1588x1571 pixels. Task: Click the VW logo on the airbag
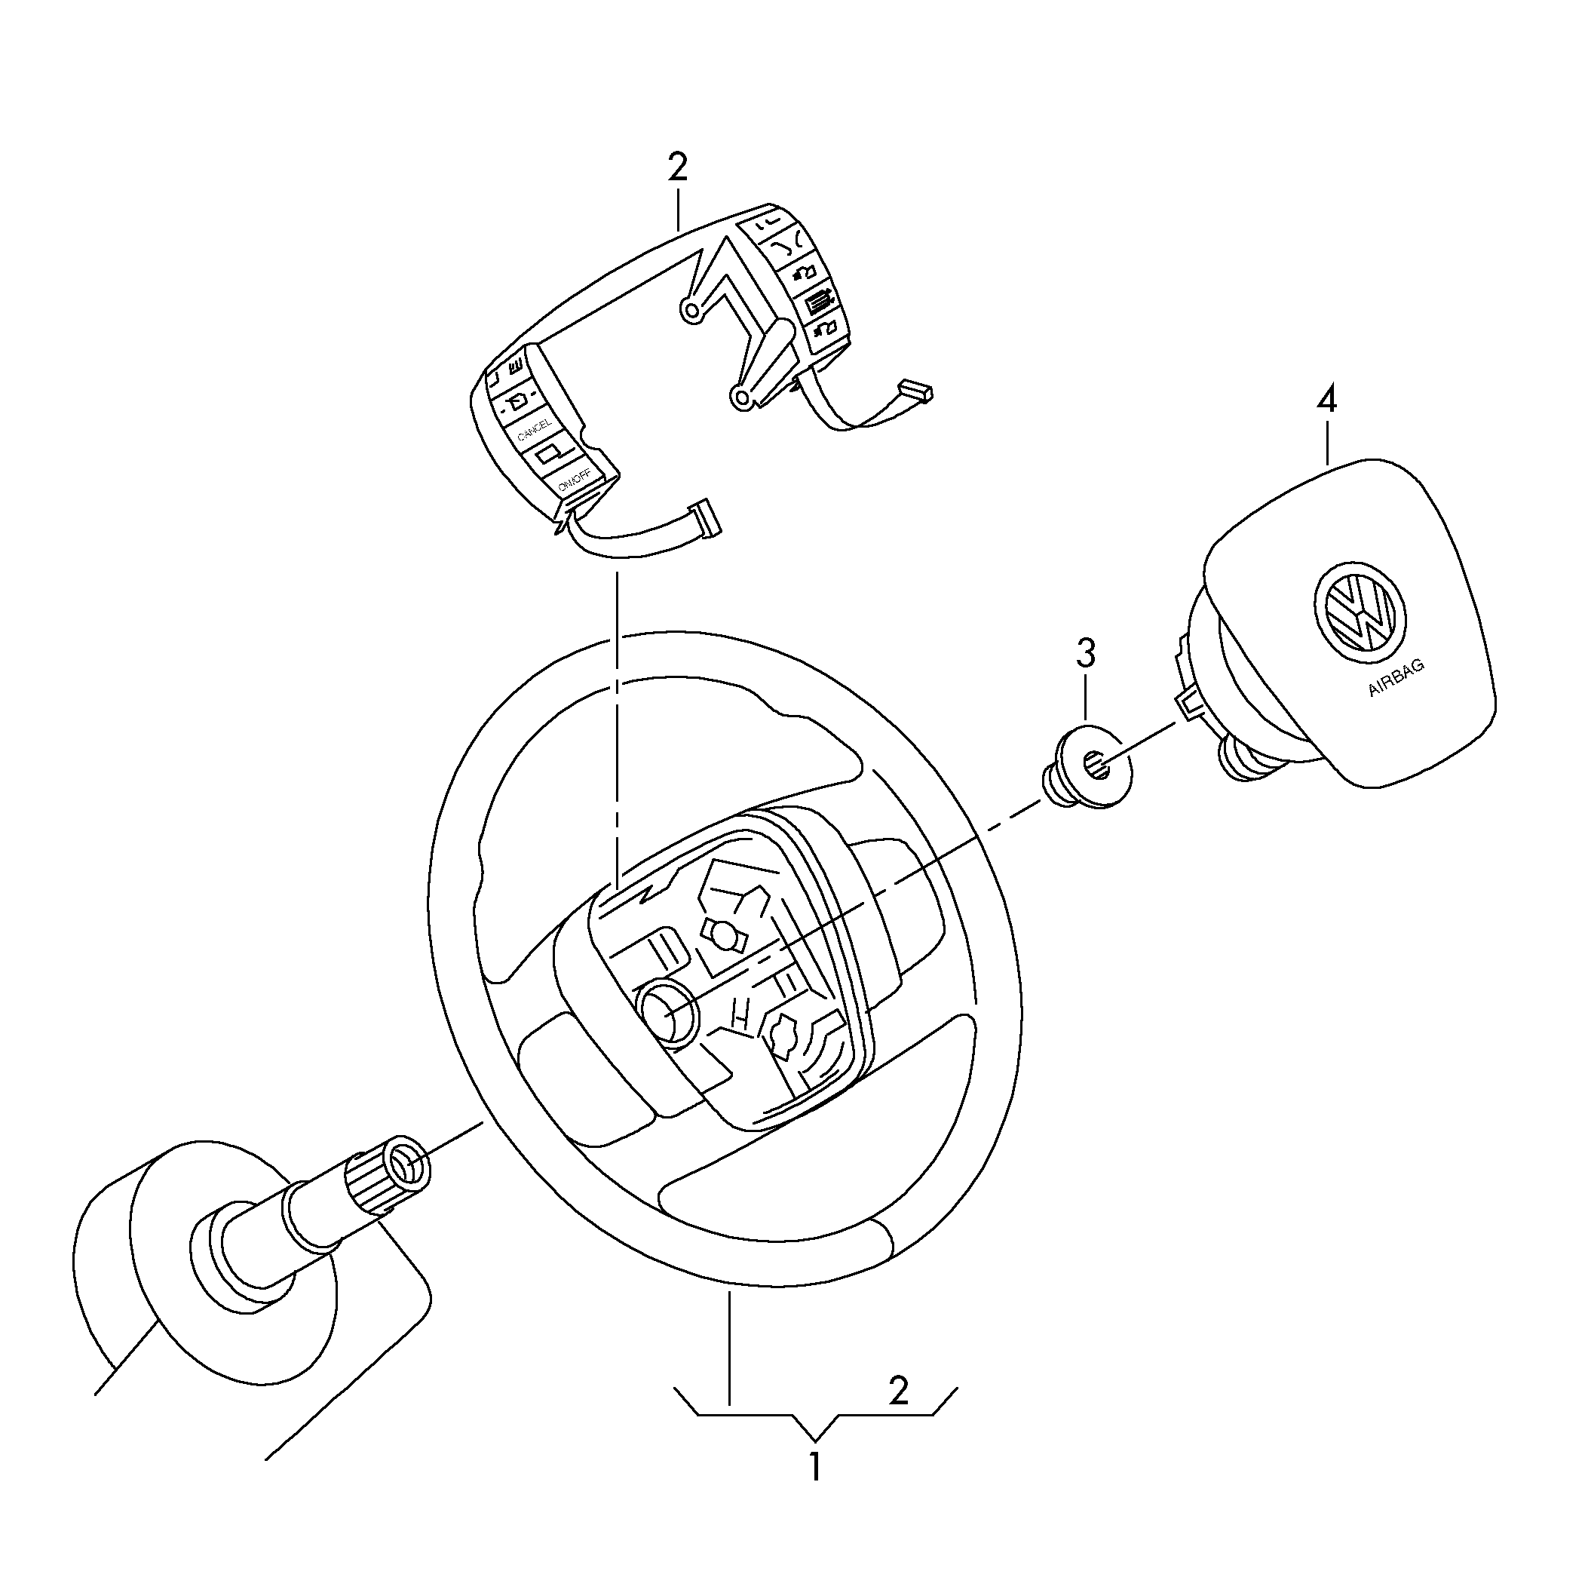coord(1360,613)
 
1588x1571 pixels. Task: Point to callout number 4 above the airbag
coord(1326,400)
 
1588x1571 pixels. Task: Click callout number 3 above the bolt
coord(1086,654)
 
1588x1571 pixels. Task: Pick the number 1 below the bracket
coord(814,1467)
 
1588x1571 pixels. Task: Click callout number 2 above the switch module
coord(677,167)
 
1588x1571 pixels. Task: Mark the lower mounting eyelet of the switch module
coord(741,399)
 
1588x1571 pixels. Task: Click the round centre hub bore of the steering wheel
coord(667,1013)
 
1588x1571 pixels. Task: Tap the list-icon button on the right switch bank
coord(816,302)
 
